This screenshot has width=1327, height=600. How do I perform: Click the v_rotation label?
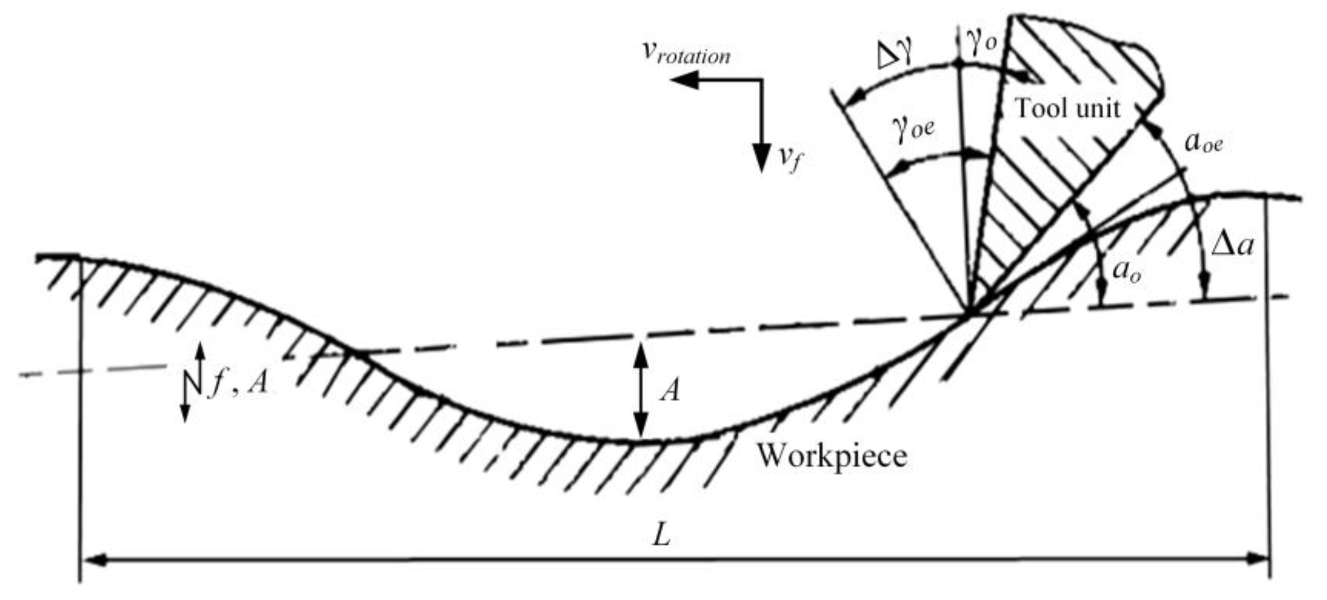click(x=686, y=53)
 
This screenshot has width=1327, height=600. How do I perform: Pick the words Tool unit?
click(x=1067, y=109)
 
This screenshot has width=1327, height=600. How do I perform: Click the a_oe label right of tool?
click(x=1204, y=142)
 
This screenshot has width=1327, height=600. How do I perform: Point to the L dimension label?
click(x=661, y=536)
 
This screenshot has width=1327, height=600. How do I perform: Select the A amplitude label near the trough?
click(x=670, y=391)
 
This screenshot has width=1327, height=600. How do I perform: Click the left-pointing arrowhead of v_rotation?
click(x=683, y=80)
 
